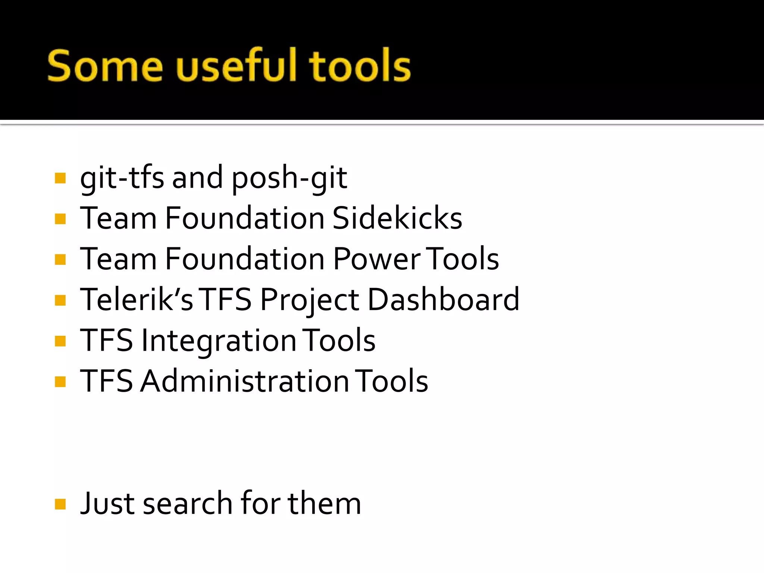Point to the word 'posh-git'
[289, 178]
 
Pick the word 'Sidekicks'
[397, 218]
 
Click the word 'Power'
[377, 259]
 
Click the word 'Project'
[310, 301]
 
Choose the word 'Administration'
[244, 381]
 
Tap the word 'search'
[188, 504]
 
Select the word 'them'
[324, 504]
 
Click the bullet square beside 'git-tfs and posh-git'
[60, 178]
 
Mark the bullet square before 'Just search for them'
[60, 504]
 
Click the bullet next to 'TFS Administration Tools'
[60, 382]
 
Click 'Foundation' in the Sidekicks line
[245, 218]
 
